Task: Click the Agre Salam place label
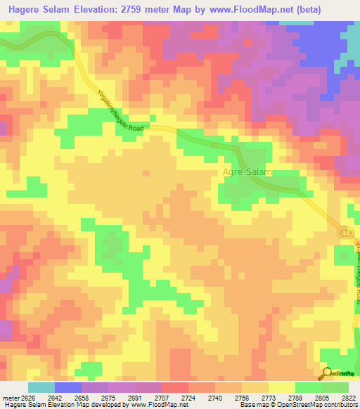[247, 171]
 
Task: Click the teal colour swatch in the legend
[41, 387]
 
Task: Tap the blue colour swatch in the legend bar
[67, 387]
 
